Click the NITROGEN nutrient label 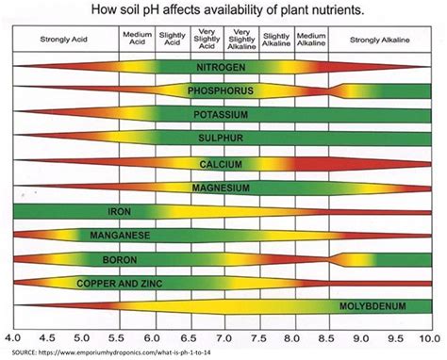(223, 69)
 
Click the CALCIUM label (223, 164)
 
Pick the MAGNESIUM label (223, 187)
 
